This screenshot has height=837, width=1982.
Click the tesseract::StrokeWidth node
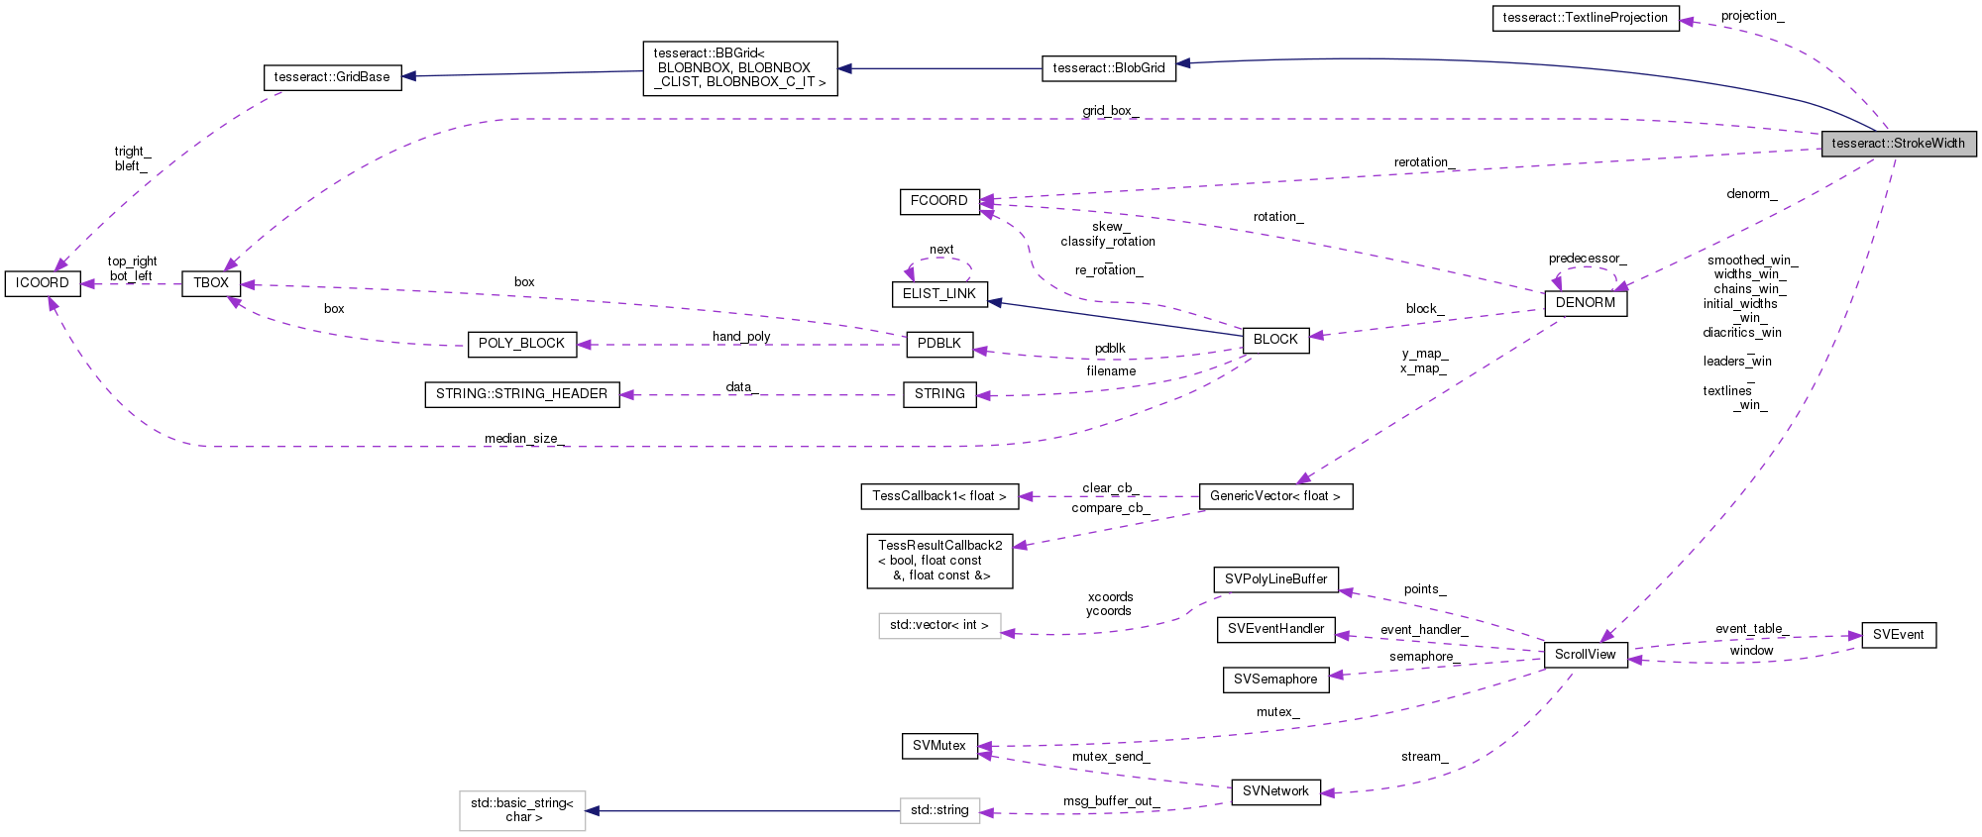(x=1898, y=144)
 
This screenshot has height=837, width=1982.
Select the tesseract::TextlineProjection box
(x=1585, y=18)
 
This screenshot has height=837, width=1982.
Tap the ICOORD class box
(x=43, y=283)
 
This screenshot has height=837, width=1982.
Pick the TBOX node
(x=211, y=283)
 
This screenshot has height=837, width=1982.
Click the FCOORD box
(x=938, y=201)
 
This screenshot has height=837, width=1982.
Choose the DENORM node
(x=1585, y=303)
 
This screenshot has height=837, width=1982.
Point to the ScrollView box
(x=1585, y=655)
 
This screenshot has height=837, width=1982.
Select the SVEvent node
(x=1898, y=635)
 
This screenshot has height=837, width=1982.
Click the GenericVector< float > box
(x=1274, y=496)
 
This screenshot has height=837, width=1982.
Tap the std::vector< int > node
(x=938, y=625)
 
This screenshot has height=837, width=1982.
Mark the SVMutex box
(x=938, y=746)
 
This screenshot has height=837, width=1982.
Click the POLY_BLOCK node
(x=521, y=344)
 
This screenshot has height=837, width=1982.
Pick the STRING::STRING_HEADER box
(x=521, y=394)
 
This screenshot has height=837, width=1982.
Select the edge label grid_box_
(x=1110, y=111)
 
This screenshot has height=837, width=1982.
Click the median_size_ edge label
(x=524, y=439)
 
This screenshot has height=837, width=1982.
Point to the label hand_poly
(x=740, y=337)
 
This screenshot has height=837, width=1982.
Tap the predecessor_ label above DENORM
(x=1587, y=259)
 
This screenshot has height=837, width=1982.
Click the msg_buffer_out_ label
(x=1110, y=800)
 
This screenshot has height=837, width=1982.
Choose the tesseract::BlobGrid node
(x=1108, y=68)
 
